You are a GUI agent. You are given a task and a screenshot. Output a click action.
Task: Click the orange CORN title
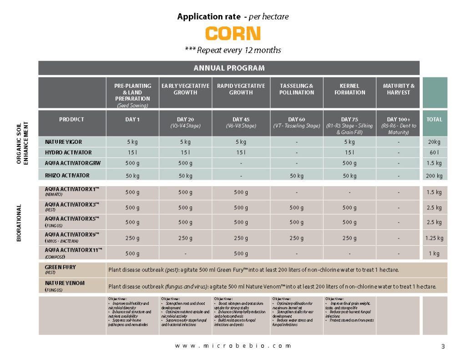(x=233, y=34)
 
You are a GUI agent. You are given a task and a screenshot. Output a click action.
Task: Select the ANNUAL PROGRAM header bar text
(x=229, y=68)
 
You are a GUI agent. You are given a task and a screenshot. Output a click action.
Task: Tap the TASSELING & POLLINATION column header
(x=297, y=89)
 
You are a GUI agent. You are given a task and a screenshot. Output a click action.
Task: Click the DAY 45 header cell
(x=241, y=120)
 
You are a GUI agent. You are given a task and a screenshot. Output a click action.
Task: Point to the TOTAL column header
(x=434, y=120)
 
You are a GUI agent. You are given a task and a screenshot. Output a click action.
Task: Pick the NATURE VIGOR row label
(x=63, y=142)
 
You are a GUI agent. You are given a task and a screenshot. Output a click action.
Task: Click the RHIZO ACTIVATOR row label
(x=67, y=175)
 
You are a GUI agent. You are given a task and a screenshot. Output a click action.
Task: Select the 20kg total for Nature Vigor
(x=434, y=142)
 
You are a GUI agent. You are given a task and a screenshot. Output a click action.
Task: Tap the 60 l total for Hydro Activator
(x=434, y=152)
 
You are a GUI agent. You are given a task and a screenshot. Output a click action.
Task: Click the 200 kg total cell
(x=434, y=176)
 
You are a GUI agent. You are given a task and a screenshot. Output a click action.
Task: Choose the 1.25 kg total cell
(x=434, y=238)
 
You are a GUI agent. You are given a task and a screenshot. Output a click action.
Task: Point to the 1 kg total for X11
(x=434, y=253)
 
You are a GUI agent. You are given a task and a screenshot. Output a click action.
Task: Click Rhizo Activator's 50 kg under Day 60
(x=297, y=176)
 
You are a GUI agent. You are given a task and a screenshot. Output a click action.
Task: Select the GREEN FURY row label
(x=60, y=268)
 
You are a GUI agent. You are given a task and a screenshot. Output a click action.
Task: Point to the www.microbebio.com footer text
(x=233, y=346)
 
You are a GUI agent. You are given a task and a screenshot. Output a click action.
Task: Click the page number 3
(x=443, y=347)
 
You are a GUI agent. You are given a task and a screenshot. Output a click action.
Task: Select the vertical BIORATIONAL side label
(x=19, y=223)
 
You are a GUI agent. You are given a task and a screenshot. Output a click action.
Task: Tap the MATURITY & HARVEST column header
(x=399, y=89)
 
